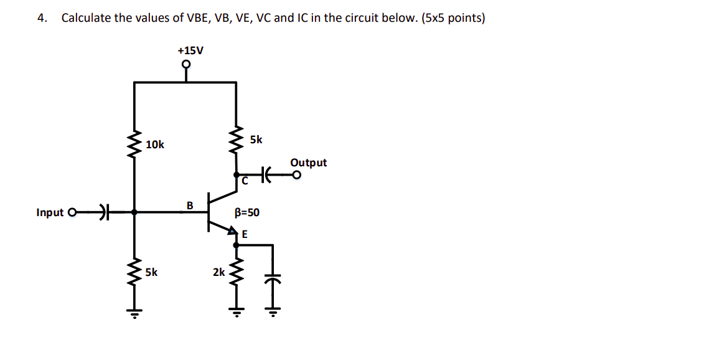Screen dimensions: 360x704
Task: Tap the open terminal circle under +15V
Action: (185, 64)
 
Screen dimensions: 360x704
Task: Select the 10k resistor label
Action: (155, 144)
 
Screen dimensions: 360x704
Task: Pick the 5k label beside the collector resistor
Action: (256, 140)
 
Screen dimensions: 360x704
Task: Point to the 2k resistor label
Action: (219, 272)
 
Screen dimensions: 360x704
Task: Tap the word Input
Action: (50, 212)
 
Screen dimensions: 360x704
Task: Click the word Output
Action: (308, 163)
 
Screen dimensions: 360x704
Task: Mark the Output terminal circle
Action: (297, 176)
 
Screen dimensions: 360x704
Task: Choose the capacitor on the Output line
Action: (266, 176)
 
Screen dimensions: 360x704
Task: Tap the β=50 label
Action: (247, 212)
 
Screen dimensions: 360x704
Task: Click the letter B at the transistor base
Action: (190, 205)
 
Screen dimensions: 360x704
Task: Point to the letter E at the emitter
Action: (245, 234)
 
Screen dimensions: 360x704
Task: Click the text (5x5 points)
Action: (453, 17)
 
